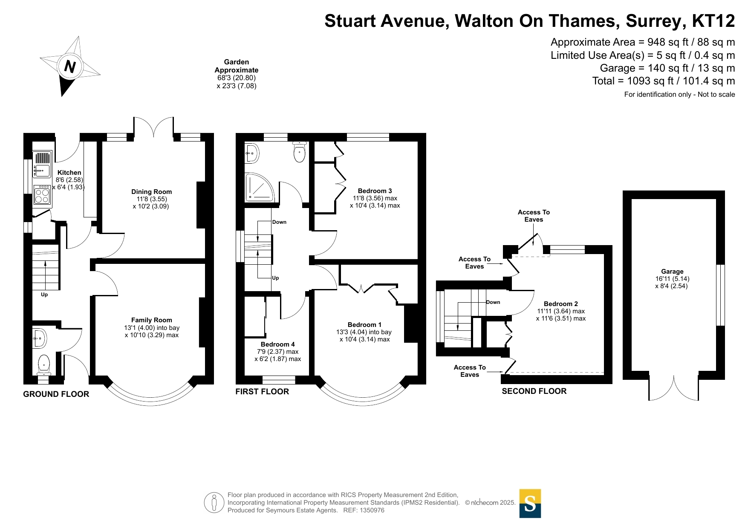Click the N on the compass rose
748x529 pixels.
[70, 66]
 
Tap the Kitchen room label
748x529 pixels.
[69, 173]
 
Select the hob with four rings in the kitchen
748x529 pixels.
[42, 196]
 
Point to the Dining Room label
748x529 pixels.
[151, 192]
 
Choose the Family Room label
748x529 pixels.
[152, 320]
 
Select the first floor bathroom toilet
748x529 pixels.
[300, 152]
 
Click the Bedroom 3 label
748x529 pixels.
[375, 191]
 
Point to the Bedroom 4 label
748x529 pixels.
[278, 344]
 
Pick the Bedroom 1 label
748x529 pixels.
[365, 325]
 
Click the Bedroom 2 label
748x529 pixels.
[561, 304]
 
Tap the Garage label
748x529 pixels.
[672, 272]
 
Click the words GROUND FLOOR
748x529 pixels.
[56, 394]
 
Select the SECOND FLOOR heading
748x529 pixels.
[534, 391]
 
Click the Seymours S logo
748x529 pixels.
[530, 503]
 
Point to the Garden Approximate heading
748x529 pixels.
[237, 66]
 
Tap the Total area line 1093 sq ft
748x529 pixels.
[664, 81]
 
